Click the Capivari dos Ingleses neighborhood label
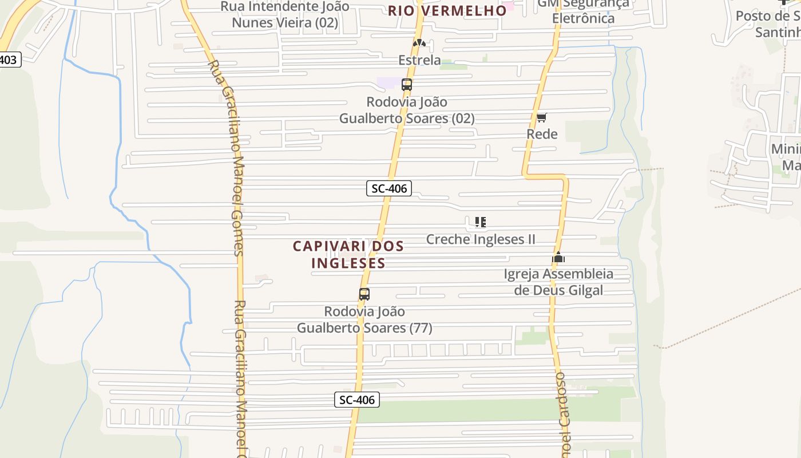coord(348,254)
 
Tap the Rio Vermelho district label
coord(447,10)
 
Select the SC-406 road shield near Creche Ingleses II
coord(389,188)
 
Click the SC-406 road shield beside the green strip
coord(357,400)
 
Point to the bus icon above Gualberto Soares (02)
coord(407,85)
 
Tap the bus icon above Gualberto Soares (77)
coord(364,294)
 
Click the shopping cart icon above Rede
coord(541,117)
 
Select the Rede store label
coord(542,134)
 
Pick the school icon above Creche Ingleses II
coord(481,222)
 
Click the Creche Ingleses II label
coord(481,239)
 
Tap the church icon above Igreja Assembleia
coord(558,257)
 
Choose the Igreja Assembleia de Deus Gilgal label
coord(558,282)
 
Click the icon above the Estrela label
coord(419,43)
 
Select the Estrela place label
coord(419,60)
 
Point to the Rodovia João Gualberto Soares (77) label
coord(364,319)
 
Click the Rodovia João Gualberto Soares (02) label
coord(407,110)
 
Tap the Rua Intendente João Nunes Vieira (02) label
coord(285,15)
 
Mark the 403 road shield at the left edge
coord(9,60)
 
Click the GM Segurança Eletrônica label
coord(583,11)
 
